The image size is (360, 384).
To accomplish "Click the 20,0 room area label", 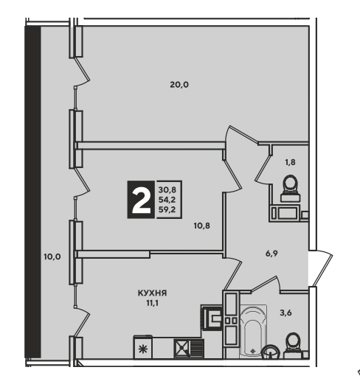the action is (x=179, y=85).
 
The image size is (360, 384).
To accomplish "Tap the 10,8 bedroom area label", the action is (x=202, y=226).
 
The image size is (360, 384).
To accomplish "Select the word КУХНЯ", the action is (x=152, y=293).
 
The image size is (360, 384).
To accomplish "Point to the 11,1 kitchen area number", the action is (x=152, y=304).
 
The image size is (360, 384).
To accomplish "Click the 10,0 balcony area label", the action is (x=52, y=256).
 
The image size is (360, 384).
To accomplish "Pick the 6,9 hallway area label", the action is (x=271, y=254).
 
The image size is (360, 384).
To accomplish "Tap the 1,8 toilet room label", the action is (x=290, y=162).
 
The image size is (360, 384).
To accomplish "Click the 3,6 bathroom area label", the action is (x=286, y=313).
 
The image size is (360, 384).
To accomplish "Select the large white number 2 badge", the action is (x=141, y=200).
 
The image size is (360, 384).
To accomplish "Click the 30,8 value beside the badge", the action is (x=167, y=190).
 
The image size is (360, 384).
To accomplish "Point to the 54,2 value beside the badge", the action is (x=167, y=200).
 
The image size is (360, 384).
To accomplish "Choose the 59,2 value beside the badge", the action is (x=167, y=209).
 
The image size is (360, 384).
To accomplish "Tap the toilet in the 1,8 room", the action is (x=291, y=189).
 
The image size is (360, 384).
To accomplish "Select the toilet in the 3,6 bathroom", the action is (x=293, y=345).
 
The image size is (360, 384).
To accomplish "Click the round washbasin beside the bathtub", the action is (x=271, y=352).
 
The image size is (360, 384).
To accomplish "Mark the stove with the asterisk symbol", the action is (x=142, y=347).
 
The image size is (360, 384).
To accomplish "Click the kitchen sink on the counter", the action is (x=189, y=348).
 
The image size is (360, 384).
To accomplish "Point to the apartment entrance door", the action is (x=321, y=268).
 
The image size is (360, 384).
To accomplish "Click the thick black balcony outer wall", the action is (x=32, y=192).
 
